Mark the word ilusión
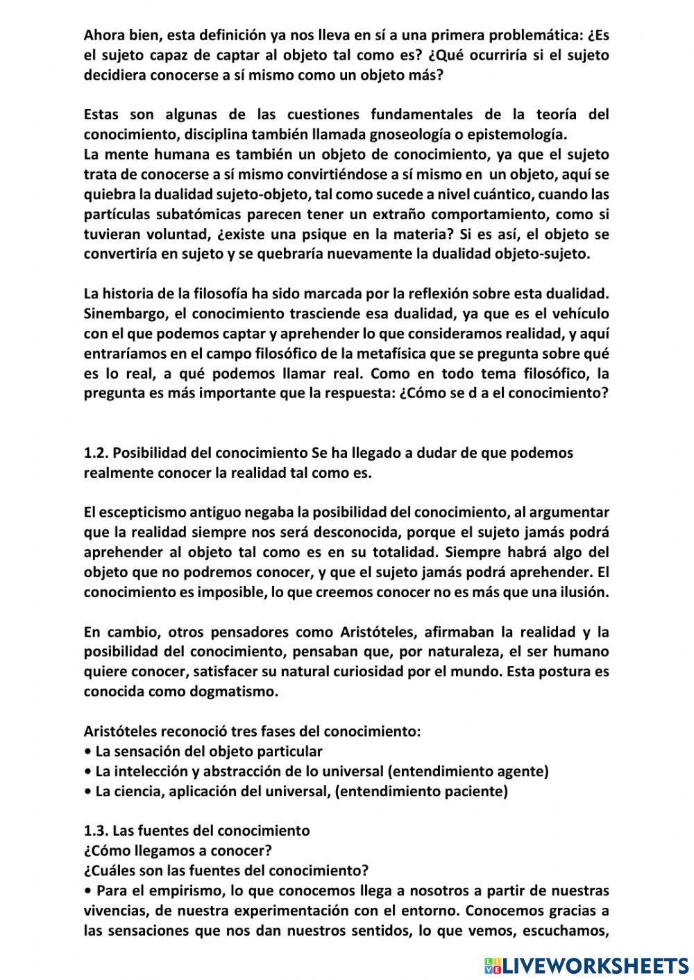pos(578,593)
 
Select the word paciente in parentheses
pos(477,791)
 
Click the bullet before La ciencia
pos(87,791)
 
